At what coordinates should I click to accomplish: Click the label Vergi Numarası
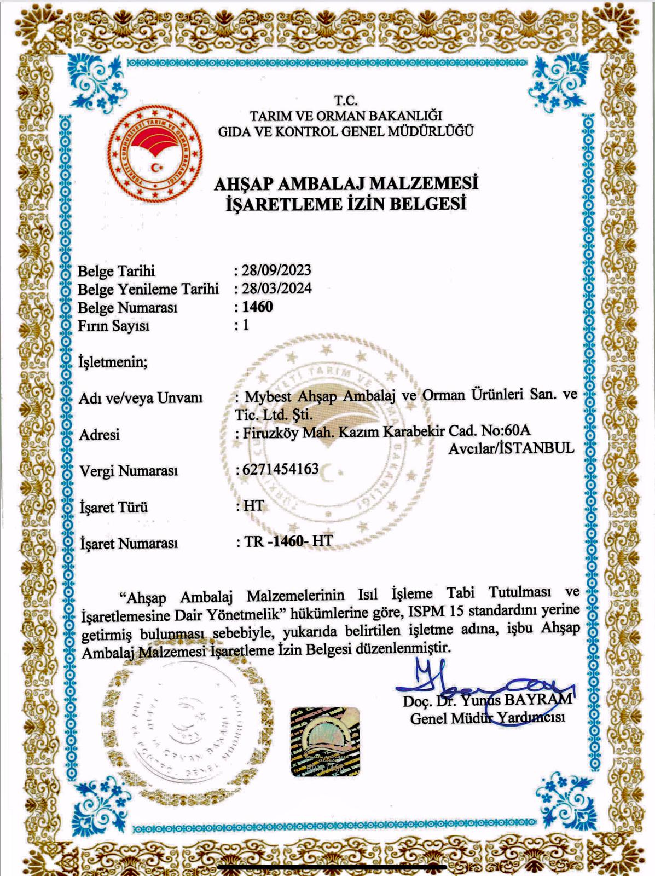tap(129, 471)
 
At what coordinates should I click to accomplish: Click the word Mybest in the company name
tap(269, 395)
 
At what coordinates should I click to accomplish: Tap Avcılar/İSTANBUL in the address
tap(511, 448)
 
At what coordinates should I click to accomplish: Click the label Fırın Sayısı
tap(113, 326)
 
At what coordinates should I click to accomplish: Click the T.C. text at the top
tap(346, 101)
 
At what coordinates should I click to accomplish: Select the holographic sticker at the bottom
tap(325, 741)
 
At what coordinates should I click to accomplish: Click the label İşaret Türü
tap(113, 507)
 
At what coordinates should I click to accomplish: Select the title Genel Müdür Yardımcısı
tap(488, 718)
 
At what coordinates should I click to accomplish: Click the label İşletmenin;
tap(113, 362)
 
